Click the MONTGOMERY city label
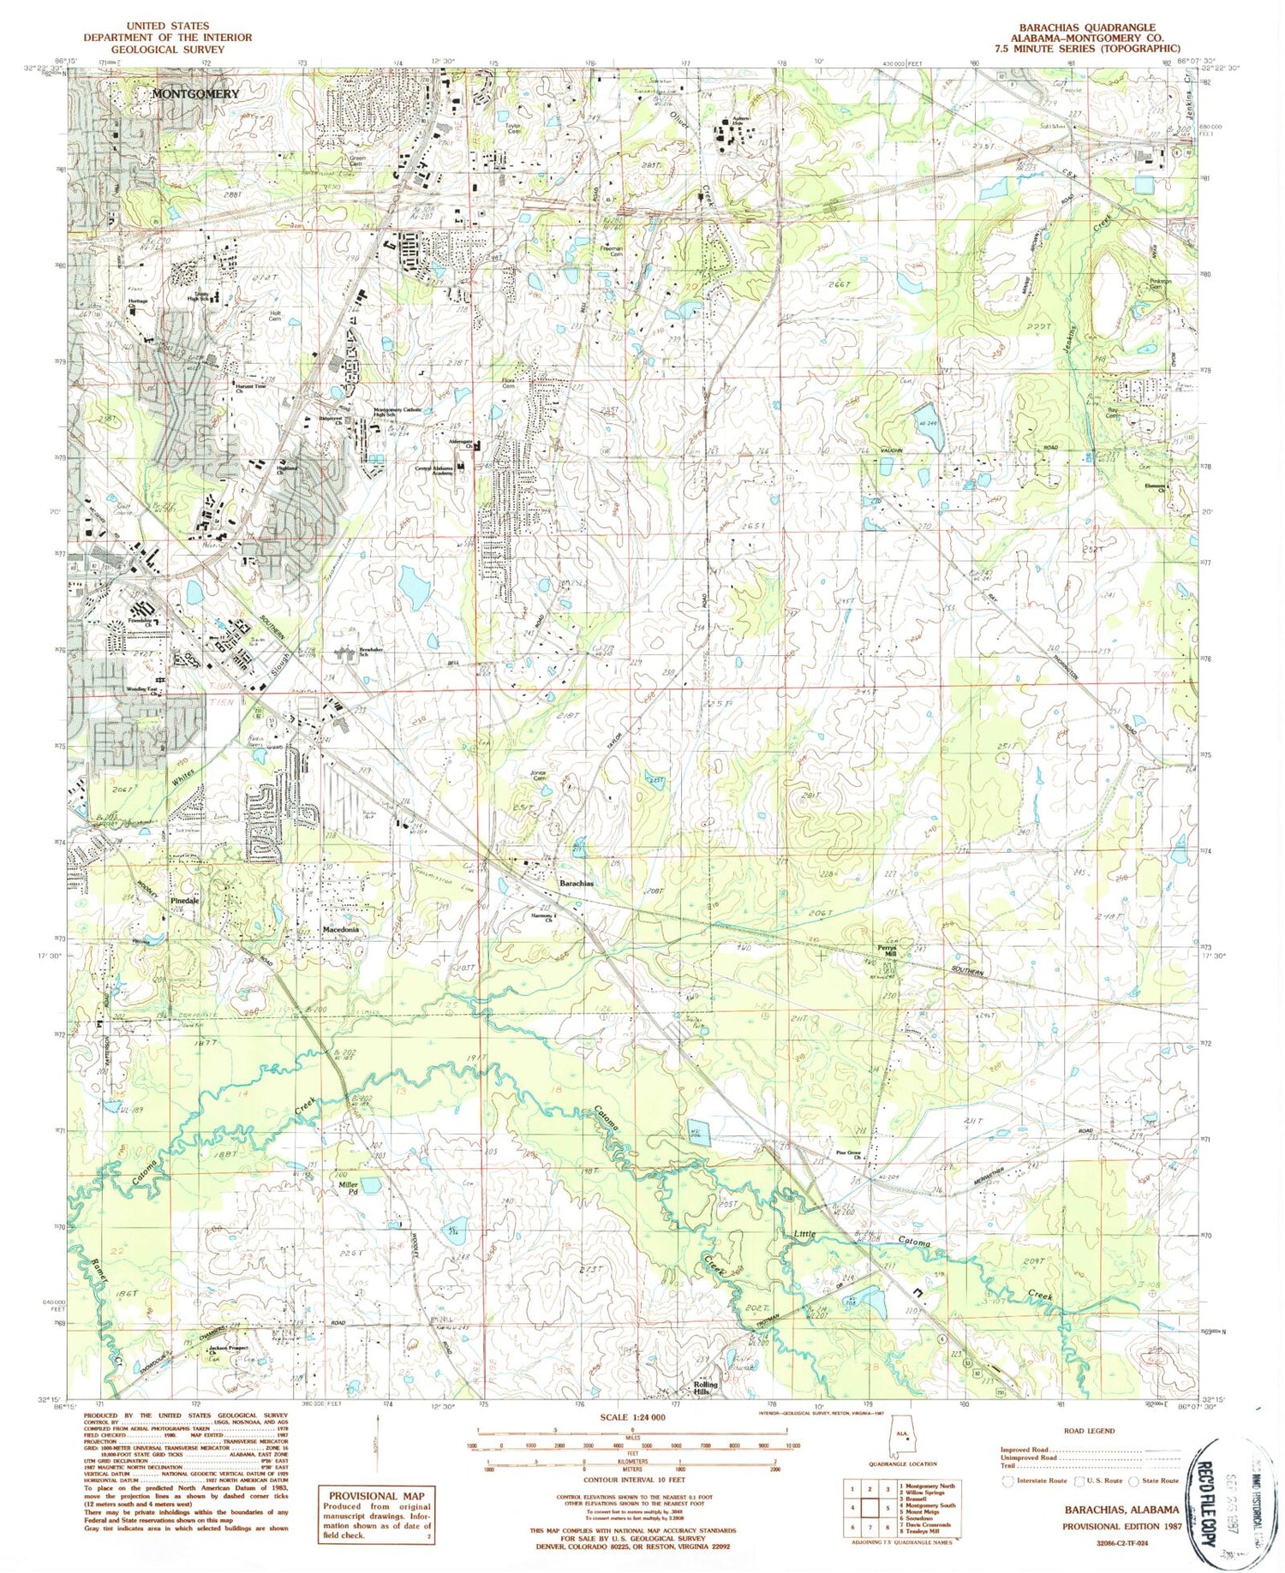coord(196,93)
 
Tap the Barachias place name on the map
coord(577,883)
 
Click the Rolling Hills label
coord(707,1389)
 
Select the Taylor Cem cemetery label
coord(514,128)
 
